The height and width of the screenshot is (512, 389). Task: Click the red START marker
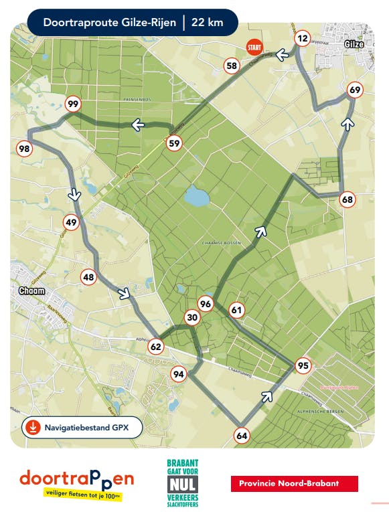(254, 48)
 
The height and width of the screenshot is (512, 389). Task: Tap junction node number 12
(303, 39)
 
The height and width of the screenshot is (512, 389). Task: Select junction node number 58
(232, 66)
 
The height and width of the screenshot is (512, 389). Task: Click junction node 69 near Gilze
(355, 90)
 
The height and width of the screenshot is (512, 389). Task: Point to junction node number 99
(73, 104)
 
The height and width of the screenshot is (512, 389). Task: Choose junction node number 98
(25, 149)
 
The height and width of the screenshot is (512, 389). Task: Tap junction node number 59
(174, 143)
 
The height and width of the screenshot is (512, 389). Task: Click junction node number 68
(347, 199)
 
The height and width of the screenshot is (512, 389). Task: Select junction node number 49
(71, 222)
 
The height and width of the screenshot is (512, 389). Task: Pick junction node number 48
(88, 276)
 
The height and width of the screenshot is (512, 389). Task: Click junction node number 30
(192, 318)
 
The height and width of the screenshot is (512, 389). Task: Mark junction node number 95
(303, 365)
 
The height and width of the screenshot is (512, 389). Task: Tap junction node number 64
(242, 436)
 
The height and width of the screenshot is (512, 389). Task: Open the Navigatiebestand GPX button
(83, 427)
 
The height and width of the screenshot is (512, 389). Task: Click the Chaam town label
(33, 292)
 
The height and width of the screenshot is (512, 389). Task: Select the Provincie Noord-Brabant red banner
(294, 483)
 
